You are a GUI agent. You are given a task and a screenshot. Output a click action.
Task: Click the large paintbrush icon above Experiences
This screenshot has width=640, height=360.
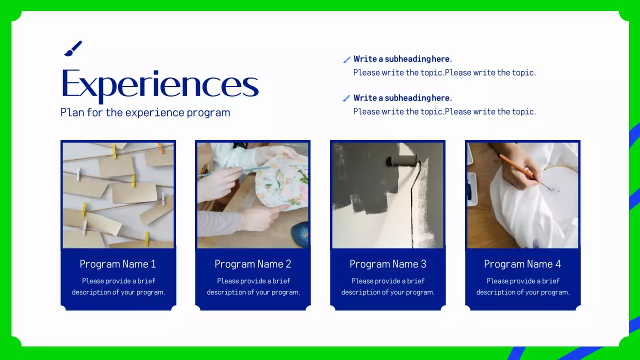[x=73, y=48]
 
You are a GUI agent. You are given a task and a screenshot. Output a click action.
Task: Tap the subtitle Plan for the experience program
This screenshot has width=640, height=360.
[x=145, y=112]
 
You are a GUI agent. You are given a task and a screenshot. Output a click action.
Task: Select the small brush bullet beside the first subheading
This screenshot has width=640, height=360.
[x=346, y=59]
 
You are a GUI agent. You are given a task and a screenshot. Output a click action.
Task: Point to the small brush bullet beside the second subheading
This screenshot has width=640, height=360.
[x=346, y=98]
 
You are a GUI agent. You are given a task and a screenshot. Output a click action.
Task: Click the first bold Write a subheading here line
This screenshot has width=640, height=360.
[x=402, y=59]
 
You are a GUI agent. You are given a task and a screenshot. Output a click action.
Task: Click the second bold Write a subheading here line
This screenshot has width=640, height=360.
[x=402, y=97]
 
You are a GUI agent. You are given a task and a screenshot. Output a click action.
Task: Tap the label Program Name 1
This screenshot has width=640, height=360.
[x=117, y=264]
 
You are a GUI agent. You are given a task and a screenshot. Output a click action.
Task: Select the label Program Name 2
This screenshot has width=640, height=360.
[x=253, y=264]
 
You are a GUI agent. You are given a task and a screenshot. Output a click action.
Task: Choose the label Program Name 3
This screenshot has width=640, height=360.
[x=387, y=264]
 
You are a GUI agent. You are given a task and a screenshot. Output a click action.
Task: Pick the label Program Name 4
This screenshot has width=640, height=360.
[x=522, y=264]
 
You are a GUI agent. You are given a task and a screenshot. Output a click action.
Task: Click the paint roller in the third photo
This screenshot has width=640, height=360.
[x=402, y=161]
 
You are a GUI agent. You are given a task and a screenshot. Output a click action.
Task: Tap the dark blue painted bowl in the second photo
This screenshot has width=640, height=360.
[x=299, y=233]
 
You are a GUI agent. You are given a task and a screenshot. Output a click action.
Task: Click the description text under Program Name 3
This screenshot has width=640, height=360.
[x=388, y=286]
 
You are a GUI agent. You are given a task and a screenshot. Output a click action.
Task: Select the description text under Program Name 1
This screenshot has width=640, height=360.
[x=118, y=286]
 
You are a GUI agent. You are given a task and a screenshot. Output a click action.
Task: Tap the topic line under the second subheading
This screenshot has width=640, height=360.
[x=444, y=111]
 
